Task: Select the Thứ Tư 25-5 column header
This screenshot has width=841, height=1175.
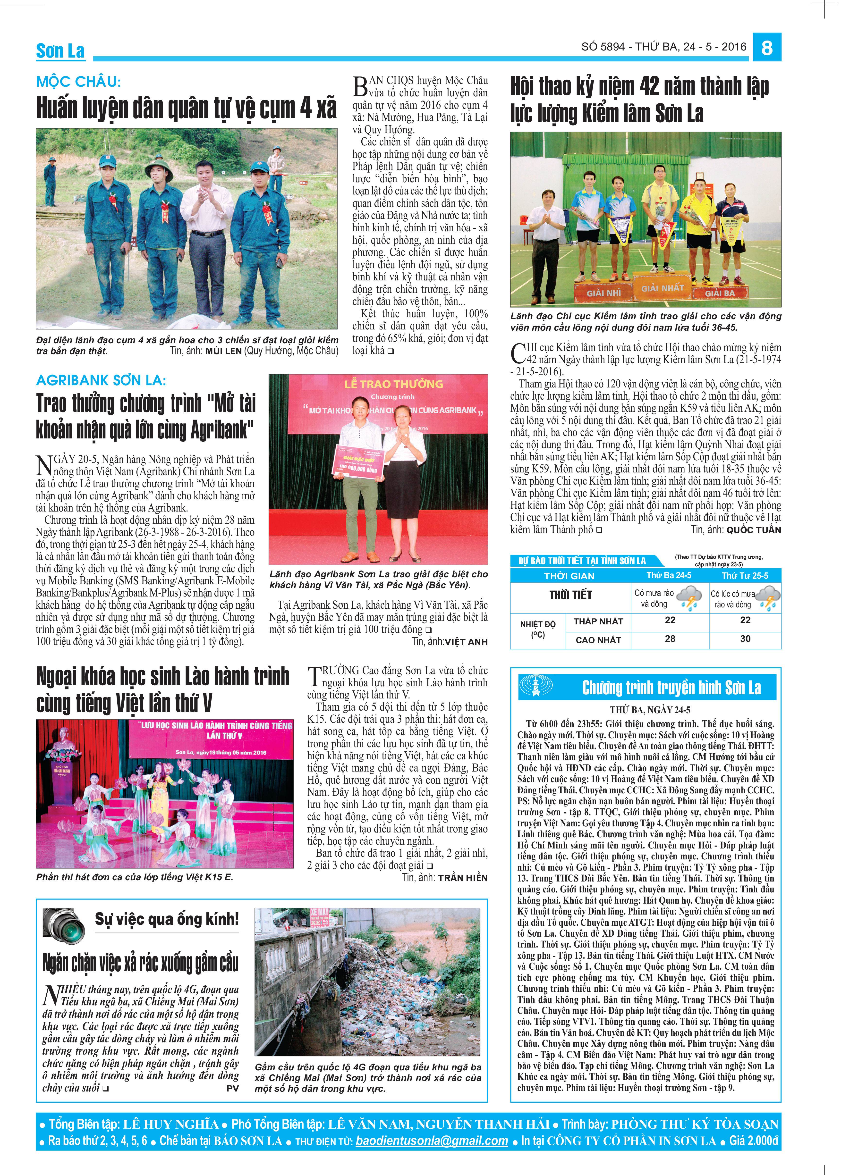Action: coord(745,576)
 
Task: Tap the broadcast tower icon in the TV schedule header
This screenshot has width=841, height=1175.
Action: coord(535,687)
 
